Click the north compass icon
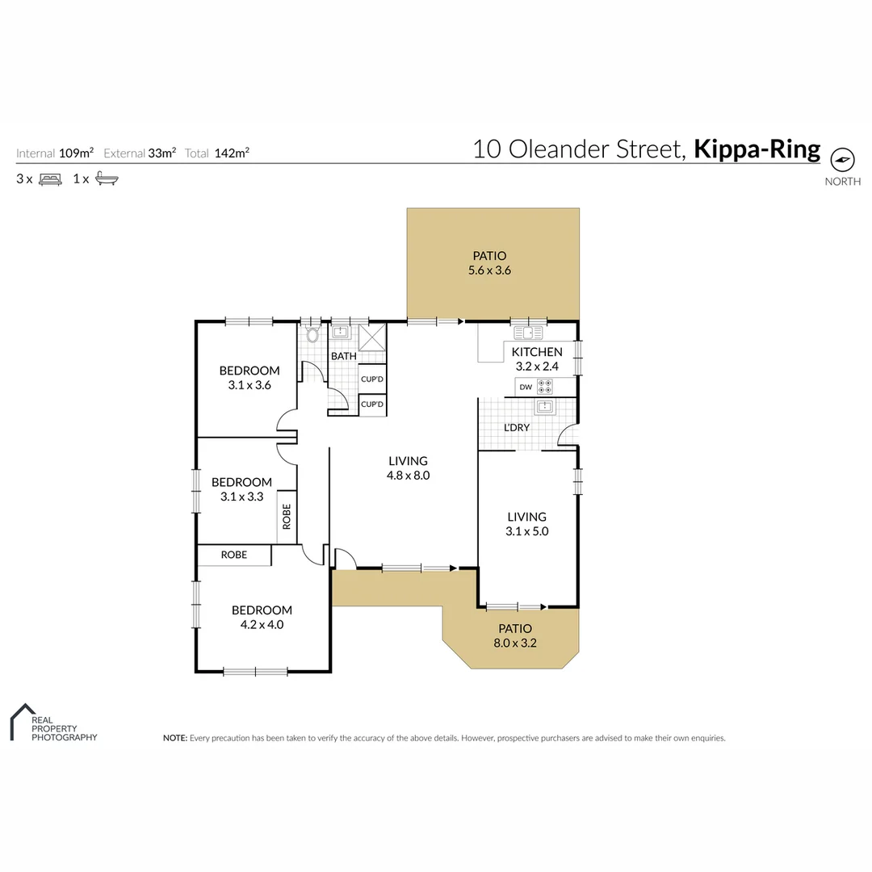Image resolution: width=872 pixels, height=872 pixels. [842, 160]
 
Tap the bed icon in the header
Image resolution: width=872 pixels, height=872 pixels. [50, 179]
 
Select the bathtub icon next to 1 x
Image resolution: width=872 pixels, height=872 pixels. [107, 179]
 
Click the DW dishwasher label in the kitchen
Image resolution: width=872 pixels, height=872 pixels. [526, 387]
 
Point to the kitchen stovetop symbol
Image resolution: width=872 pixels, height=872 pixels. [546, 387]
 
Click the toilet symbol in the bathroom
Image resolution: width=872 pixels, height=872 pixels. [313, 333]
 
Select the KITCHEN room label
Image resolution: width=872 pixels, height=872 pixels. [537, 352]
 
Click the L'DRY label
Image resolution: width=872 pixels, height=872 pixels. [517, 427]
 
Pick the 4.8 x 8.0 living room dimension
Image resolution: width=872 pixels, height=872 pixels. [409, 476]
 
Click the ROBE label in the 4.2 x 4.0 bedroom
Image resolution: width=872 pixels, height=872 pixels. [234, 555]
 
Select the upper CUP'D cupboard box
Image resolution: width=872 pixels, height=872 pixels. [372, 379]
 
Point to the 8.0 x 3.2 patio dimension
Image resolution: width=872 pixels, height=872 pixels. [515, 644]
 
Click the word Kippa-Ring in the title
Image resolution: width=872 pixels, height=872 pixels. [757, 149]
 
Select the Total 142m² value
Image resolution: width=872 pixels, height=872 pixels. [232, 153]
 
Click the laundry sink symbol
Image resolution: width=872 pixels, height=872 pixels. [545, 406]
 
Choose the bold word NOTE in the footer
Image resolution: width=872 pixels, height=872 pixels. [174, 738]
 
